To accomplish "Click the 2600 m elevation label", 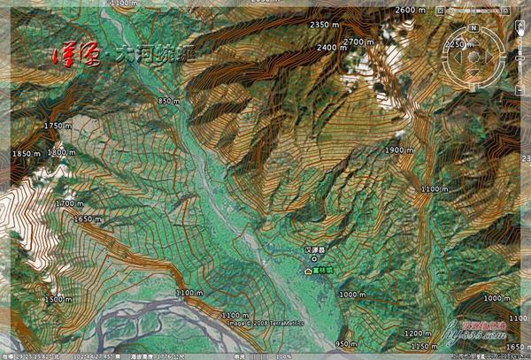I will (411, 9).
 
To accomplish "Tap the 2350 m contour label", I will (327, 24).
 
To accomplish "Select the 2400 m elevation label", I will (332, 47).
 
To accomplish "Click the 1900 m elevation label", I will (399, 151).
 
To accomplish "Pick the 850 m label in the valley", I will (168, 102).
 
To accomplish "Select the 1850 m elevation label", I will (27, 154).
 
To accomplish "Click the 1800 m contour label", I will (61, 152).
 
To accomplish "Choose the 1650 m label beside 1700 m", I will (88, 218).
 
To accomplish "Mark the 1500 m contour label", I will (58, 300).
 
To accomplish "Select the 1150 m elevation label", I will (425, 346).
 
